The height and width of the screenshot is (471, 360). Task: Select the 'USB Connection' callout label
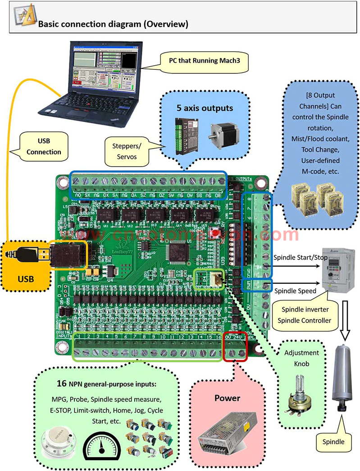coord(44,147)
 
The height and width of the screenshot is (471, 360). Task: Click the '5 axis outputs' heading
coord(205,108)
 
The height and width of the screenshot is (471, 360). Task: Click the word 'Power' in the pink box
coord(227,398)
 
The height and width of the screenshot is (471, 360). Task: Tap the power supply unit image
coord(226,434)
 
